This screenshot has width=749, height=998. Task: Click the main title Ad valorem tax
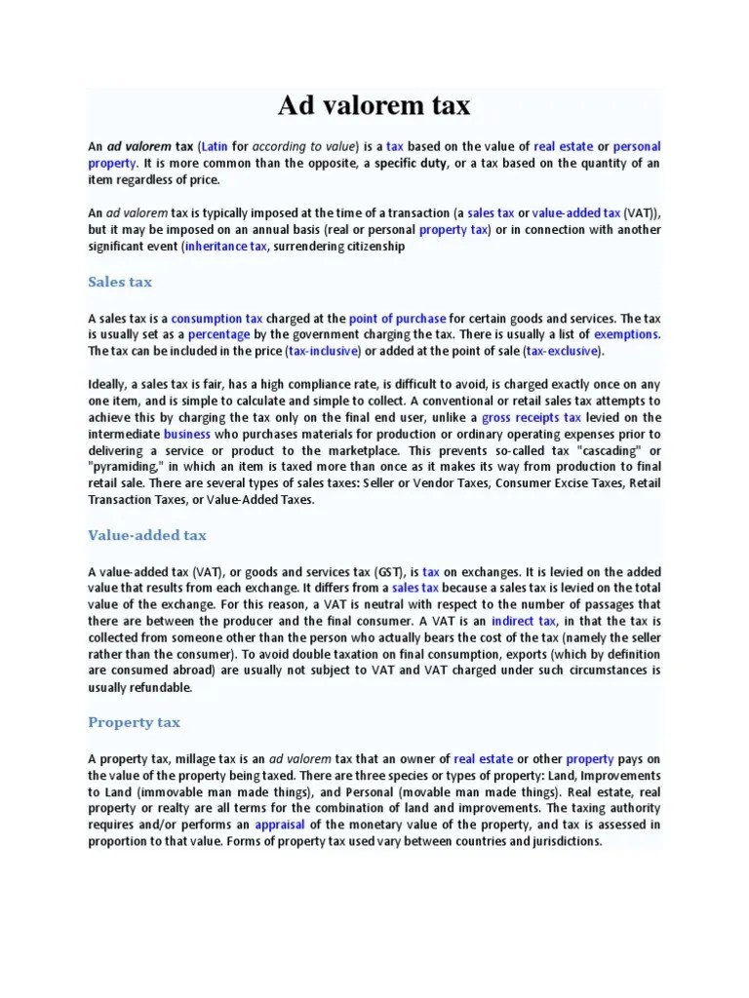pyautogui.click(x=374, y=105)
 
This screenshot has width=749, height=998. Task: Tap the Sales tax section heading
pyautogui.click(x=120, y=282)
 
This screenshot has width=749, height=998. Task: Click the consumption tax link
pyautogui.click(x=217, y=318)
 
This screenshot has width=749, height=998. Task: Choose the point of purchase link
pyautogui.click(x=397, y=318)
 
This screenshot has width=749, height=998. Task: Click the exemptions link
pyautogui.click(x=626, y=333)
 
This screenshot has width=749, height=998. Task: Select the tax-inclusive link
pyautogui.click(x=324, y=350)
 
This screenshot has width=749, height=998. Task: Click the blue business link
pyautogui.click(x=187, y=433)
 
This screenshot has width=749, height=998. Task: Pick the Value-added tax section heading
pyautogui.click(x=147, y=535)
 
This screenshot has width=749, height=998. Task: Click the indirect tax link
pyautogui.click(x=524, y=620)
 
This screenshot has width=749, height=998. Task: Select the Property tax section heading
pyautogui.click(x=134, y=722)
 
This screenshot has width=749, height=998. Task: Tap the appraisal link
pyautogui.click(x=280, y=824)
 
